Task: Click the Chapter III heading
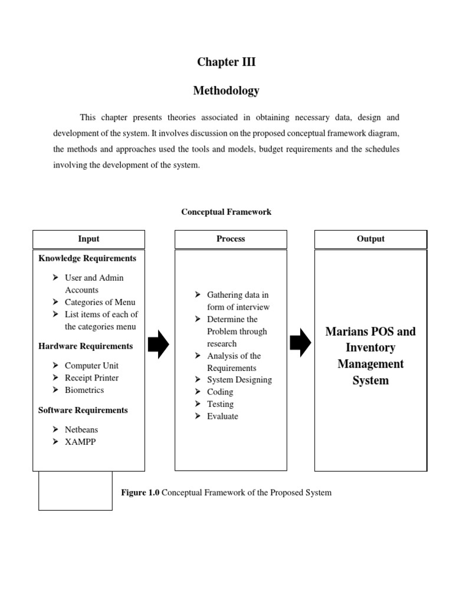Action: click(226, 63)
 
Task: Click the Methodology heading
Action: click(226, 91)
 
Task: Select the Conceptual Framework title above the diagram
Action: click(226, 212)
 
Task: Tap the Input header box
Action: click(88, 239)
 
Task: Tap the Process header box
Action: click(231, 239)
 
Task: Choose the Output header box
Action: click(370, 239)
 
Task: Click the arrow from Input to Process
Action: click(159, 344)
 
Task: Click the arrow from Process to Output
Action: click(301, 342)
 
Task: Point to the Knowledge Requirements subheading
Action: click(87, 258)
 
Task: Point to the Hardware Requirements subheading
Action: click(86, 346)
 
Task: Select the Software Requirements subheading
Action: click(83, 410)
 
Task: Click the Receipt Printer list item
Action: click(91, 377)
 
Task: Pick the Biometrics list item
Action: click(84, 390)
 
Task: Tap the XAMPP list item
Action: click(80, 442)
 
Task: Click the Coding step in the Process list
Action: click(220, 392)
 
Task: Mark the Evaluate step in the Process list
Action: click(222, 416)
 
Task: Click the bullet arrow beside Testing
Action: click(198, 404)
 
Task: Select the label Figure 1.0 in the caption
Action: click(140, 492)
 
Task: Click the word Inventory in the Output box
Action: click(370, 347)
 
